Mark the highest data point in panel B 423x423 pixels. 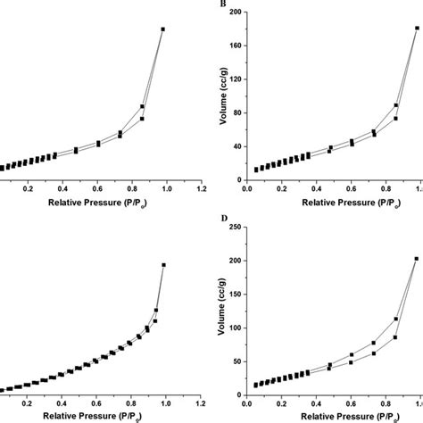tap(417, 28)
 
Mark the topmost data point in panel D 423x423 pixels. tap(417, 259)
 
